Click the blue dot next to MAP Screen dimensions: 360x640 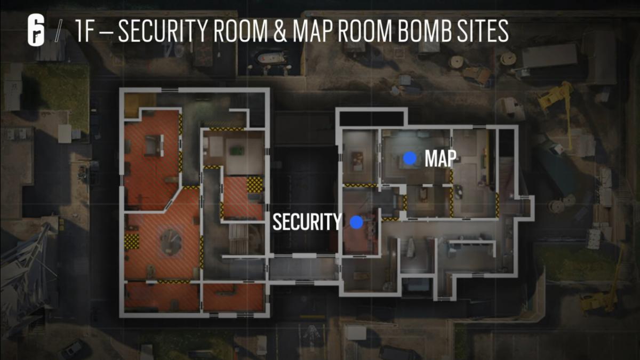click(410, 158)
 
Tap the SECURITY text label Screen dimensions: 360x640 click(307, 221)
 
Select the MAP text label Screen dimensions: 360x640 click(441, 158)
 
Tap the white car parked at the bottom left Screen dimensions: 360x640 click(73, 349)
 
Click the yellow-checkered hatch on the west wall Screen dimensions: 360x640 click(132, 241)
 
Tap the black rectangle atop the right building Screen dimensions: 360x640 click(371, 118)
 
